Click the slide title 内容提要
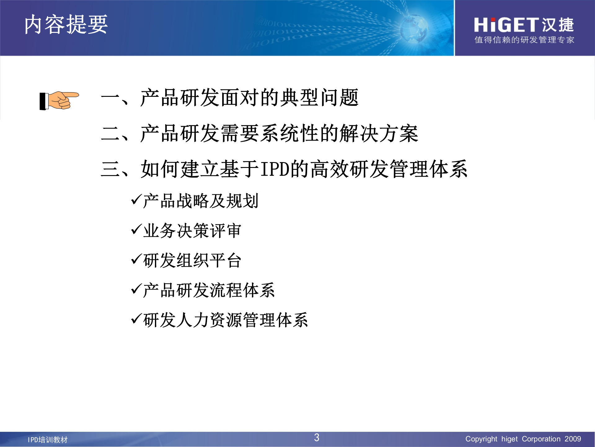tap(66, 25)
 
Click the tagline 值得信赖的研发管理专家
tap(524, 40)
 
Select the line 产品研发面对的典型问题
tap(249, 98)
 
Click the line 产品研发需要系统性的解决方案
tap(279, 133)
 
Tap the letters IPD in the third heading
tap(275, 169)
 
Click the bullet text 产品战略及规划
tap(201, 201)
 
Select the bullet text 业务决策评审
tap(192, 231)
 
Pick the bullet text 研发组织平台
tap(192, 260)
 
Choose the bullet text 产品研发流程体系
tap(209, 290)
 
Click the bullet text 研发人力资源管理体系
tap(226, 320)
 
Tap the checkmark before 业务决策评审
tap(136, 230)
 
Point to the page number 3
tap(316, 438)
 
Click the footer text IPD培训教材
tap(48, 440)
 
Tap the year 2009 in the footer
tap(572, 439)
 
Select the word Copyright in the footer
tap(481, 439)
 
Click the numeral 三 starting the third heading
tap(110, 169)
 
